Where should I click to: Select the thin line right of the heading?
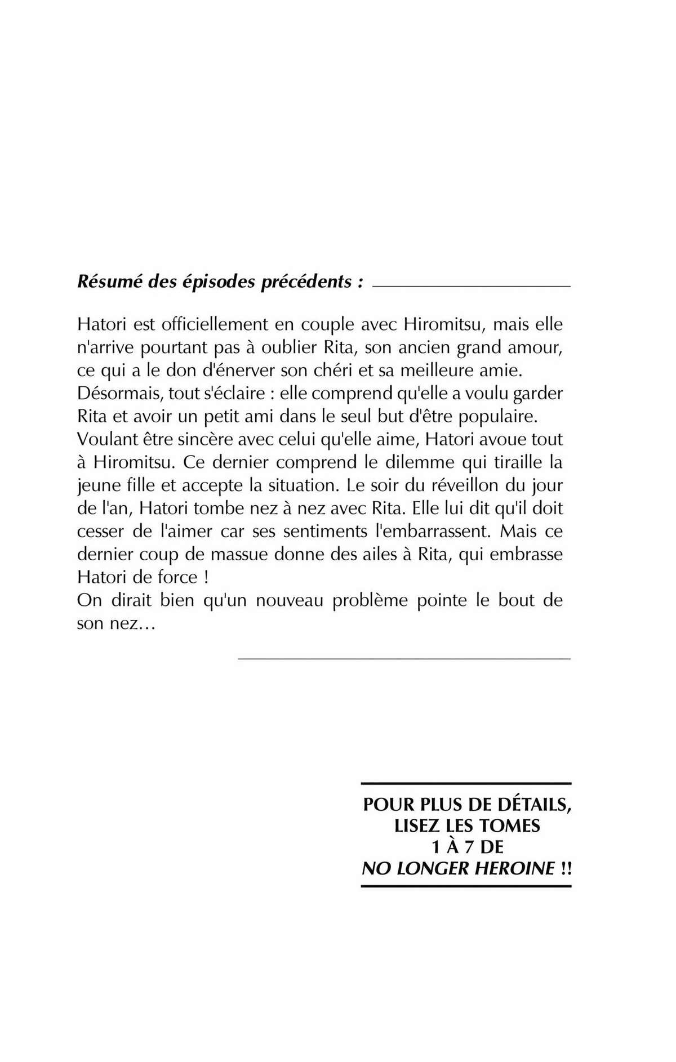tap(472, 287)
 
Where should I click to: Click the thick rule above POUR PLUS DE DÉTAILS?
tap(466, 784)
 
